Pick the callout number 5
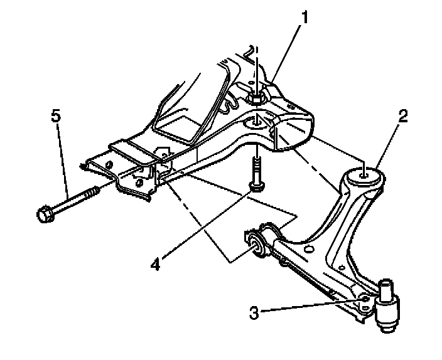(57, 116)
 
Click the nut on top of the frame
(256, 98)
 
